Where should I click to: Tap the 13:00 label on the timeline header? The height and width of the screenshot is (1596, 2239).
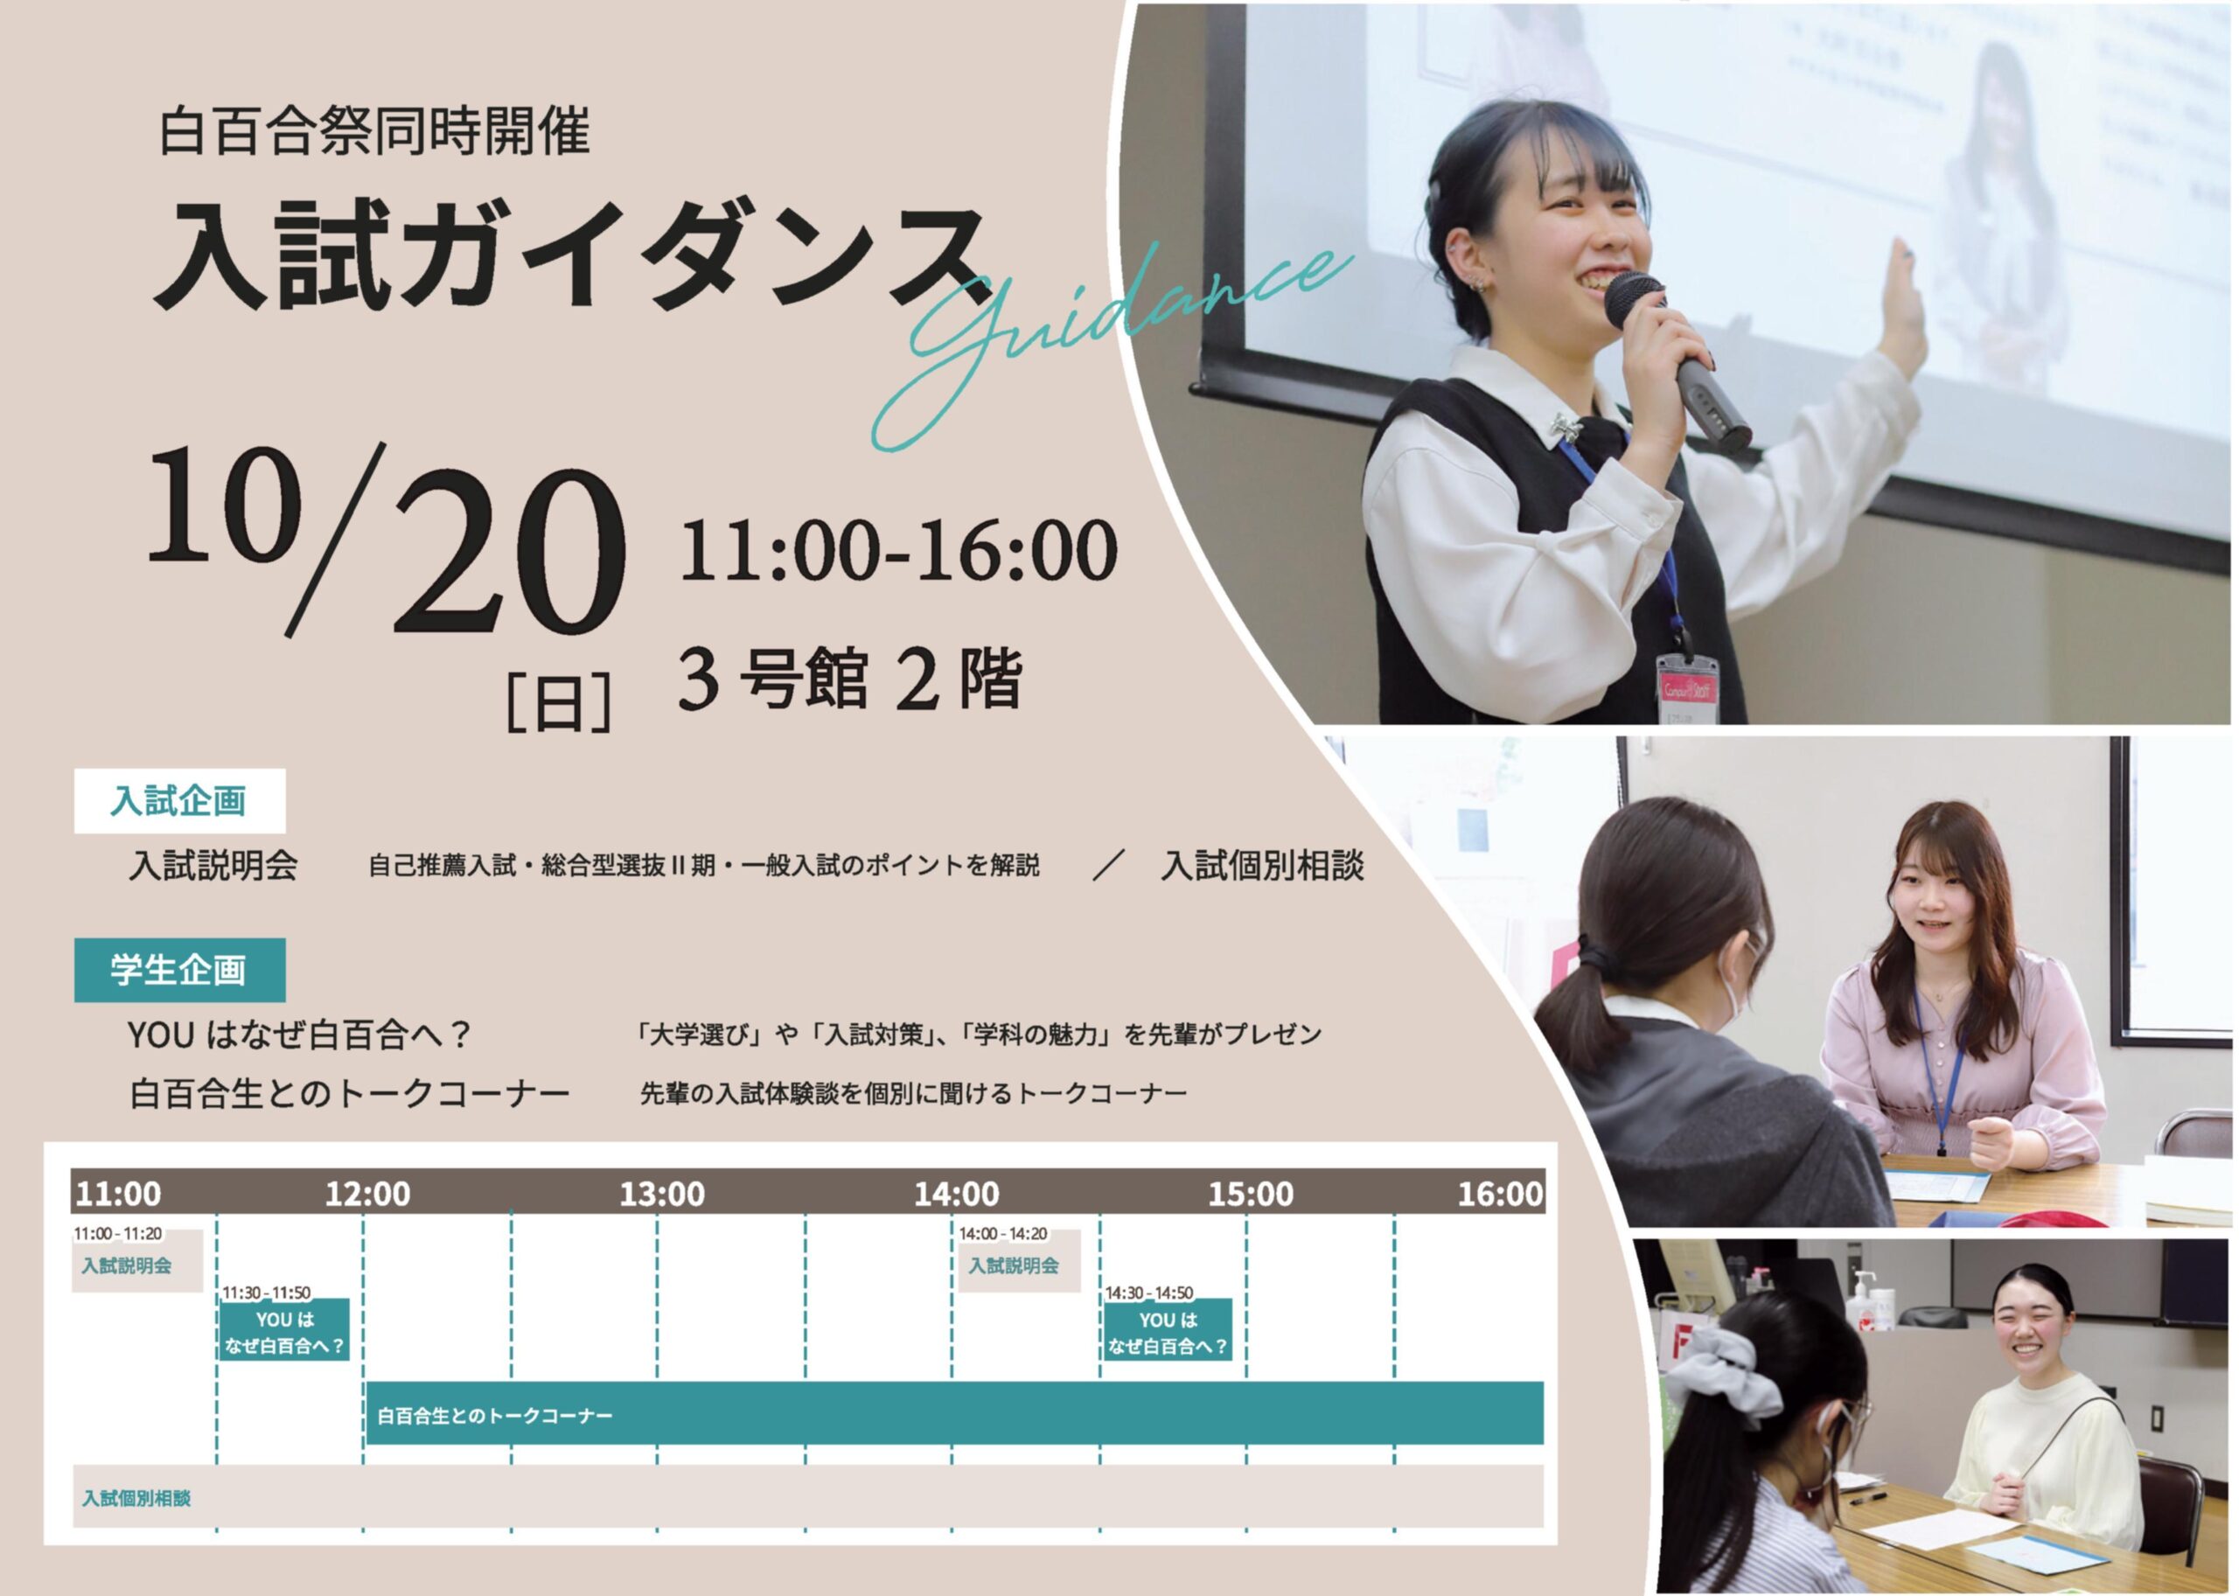[661, 1194]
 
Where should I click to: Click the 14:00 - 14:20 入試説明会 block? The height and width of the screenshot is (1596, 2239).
[1018, 1261]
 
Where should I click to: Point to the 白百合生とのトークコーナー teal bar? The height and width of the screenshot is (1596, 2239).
[954, 1414]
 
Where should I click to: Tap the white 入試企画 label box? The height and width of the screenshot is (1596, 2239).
[179, 800]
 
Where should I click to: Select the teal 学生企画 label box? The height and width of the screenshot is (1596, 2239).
[179, 970]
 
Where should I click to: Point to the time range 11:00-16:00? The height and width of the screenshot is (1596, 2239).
[897, 550]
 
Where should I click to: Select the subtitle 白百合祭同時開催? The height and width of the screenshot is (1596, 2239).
[373, 133]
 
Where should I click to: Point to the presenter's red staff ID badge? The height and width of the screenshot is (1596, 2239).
[1685, 681]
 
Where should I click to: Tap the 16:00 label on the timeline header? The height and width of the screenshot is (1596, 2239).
[1500, 1194]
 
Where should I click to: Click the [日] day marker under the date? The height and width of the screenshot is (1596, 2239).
[559, 700]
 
